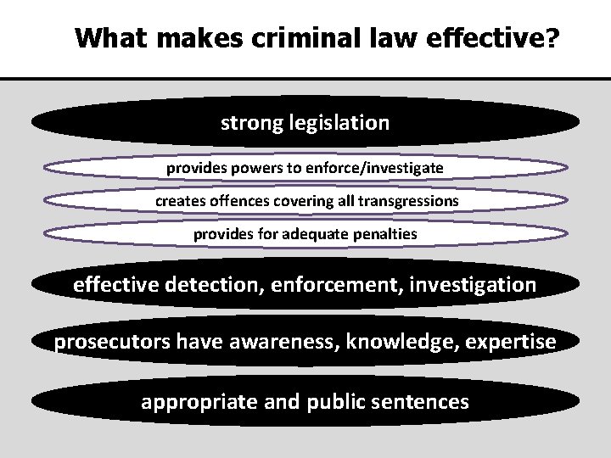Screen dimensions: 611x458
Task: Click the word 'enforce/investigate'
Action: (384, 168)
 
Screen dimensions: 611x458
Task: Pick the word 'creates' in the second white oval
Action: (177, 201)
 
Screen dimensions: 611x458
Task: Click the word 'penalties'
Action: (387, 233)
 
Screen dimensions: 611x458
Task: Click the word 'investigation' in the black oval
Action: (474, 285)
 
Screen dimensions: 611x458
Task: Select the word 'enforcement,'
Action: (338, 285)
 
